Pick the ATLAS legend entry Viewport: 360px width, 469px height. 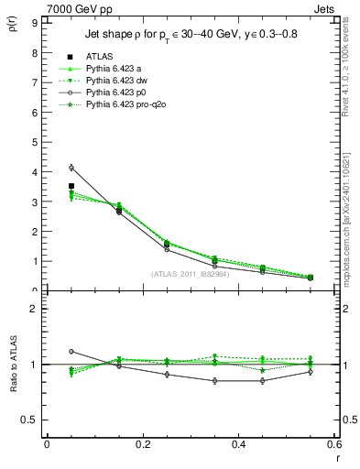click(99, 57)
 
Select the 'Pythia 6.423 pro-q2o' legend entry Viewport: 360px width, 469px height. click(127, 104)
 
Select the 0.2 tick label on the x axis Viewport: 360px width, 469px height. click(142, 443)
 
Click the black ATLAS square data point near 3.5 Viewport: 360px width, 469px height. click(71, 186)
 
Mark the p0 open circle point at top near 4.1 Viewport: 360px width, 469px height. click(71, 168)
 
